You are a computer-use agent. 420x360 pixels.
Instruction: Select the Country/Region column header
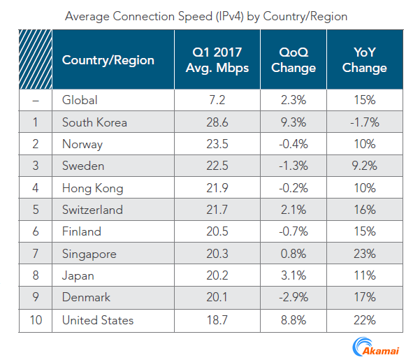pyautogui.click(x=108, y=60)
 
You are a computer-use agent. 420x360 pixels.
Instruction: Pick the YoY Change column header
pyautogui.click(x=365, y=60)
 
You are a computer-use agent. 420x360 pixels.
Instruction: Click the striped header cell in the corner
pyautogui.click(x=36, y=60)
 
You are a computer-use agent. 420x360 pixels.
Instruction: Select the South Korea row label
pyautogui.click(x=94, y=122)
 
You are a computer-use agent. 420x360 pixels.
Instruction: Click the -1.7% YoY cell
pyautogui.click(x=365, y=122)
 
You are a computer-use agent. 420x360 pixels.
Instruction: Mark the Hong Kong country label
pyautogui.click(x=92, y=188)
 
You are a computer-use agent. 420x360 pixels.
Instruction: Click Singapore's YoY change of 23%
pyautogui.click(x=365, y=254)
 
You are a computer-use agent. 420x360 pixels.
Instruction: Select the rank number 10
pyautogui.click(x=36, y=319)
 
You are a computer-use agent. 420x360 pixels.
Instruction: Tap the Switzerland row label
pyautogui.click(x=92, y=210)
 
